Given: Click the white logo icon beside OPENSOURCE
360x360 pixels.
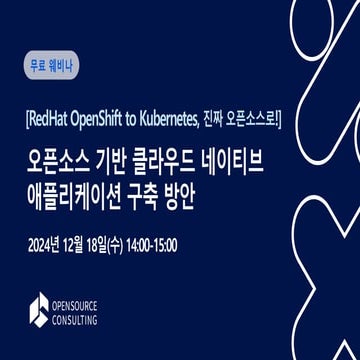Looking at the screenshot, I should (x=38, y=312).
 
